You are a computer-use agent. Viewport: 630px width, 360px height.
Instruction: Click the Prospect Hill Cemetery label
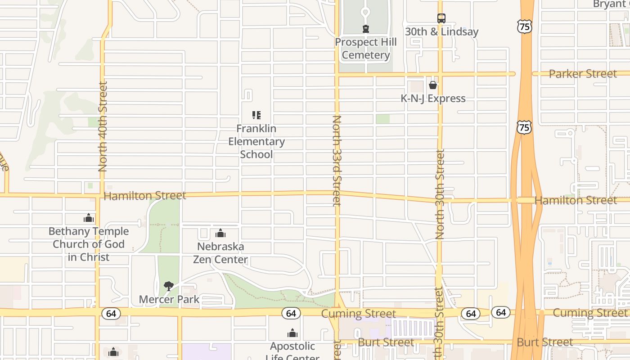click(x=365, y=49)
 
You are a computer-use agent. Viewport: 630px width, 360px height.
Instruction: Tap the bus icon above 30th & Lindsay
click(x=441, y=18)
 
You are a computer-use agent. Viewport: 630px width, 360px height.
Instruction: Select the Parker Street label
click(x=583, y=74)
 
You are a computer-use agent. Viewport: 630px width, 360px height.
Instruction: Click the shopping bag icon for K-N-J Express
click(x=433, y=85)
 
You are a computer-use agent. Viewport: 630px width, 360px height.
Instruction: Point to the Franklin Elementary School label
click(x=256, y=141)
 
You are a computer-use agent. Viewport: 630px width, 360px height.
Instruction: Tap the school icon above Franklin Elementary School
click(x=256, y=115)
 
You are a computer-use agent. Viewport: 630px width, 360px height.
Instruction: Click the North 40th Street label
click(x=103, y=126)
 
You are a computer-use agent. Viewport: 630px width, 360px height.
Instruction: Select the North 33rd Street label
click(x=337, y=161)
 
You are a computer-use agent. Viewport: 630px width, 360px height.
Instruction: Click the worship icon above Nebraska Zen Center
click(x=220, y=233)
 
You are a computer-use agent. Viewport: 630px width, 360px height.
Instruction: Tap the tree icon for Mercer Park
click(x=169, y=286)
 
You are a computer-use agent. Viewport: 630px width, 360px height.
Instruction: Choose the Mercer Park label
click(x=169, y=299)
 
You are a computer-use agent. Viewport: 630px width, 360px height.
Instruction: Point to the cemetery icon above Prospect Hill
click(x=366, y=29)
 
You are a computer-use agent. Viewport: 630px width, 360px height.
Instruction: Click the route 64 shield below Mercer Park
click(x=111, y=313)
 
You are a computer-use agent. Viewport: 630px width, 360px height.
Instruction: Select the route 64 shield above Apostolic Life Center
click(x=291, y=313)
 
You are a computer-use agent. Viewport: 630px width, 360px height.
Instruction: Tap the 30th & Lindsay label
click(x=441, y=31)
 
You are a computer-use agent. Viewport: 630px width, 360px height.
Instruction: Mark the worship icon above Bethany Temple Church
click(x=89, y=218)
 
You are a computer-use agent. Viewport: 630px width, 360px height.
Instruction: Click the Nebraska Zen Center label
click(x=220, y=253)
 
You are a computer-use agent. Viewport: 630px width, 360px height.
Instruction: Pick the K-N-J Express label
click(x=433, y=98)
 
